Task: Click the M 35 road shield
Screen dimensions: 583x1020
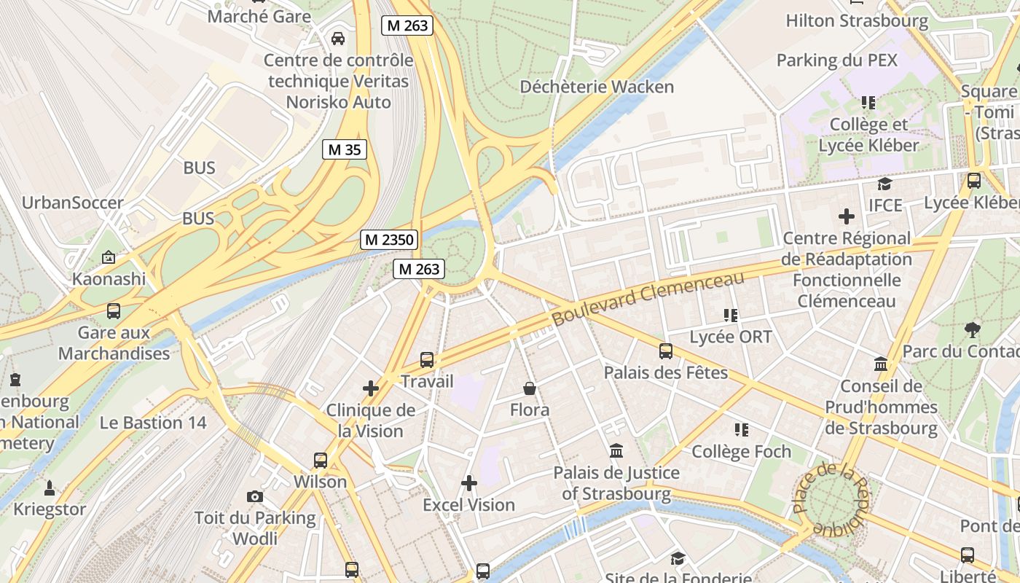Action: coord(345,150)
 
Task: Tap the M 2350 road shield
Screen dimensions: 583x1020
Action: coord(388,239)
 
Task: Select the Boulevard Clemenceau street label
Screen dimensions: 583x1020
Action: coord(648,299)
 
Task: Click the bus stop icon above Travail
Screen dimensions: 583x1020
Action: coord(427,359)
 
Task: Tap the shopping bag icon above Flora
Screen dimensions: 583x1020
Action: coord(530,388)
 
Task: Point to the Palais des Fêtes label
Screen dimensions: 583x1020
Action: coord(665,372)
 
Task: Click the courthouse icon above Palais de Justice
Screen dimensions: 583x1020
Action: coord(616,451)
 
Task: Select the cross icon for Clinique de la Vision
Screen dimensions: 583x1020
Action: coord(371,388)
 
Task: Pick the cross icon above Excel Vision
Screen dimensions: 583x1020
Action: coord(469,482)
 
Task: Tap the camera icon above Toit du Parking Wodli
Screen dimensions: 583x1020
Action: coord(254,496)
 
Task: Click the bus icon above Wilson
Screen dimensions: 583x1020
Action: coord(321,460)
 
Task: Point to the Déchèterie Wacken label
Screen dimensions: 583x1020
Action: coord(597,87)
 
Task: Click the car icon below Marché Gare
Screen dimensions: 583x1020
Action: coord(338,38)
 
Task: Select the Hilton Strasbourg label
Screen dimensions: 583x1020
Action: coord(857,21)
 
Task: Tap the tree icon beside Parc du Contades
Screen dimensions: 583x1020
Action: coord(972,329)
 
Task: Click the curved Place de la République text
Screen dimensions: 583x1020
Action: coord(831,499)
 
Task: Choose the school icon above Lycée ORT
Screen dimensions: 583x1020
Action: coord(731,315)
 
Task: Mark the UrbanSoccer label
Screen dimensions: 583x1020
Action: coord(73,203)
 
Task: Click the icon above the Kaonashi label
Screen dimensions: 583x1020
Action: coord(109,257)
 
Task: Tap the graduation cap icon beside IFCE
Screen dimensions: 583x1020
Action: coord(884,184)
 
